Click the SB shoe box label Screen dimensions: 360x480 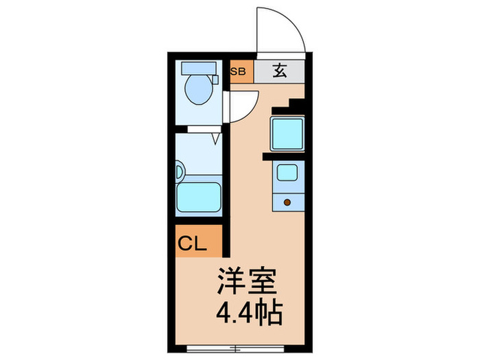point(239,71)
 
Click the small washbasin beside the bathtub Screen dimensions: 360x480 point(179,169)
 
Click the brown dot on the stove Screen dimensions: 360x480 point(287,202)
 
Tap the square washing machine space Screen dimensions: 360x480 point(287,133)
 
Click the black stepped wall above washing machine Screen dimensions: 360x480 point(291,106)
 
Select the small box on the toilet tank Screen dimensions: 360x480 point(216,78)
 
